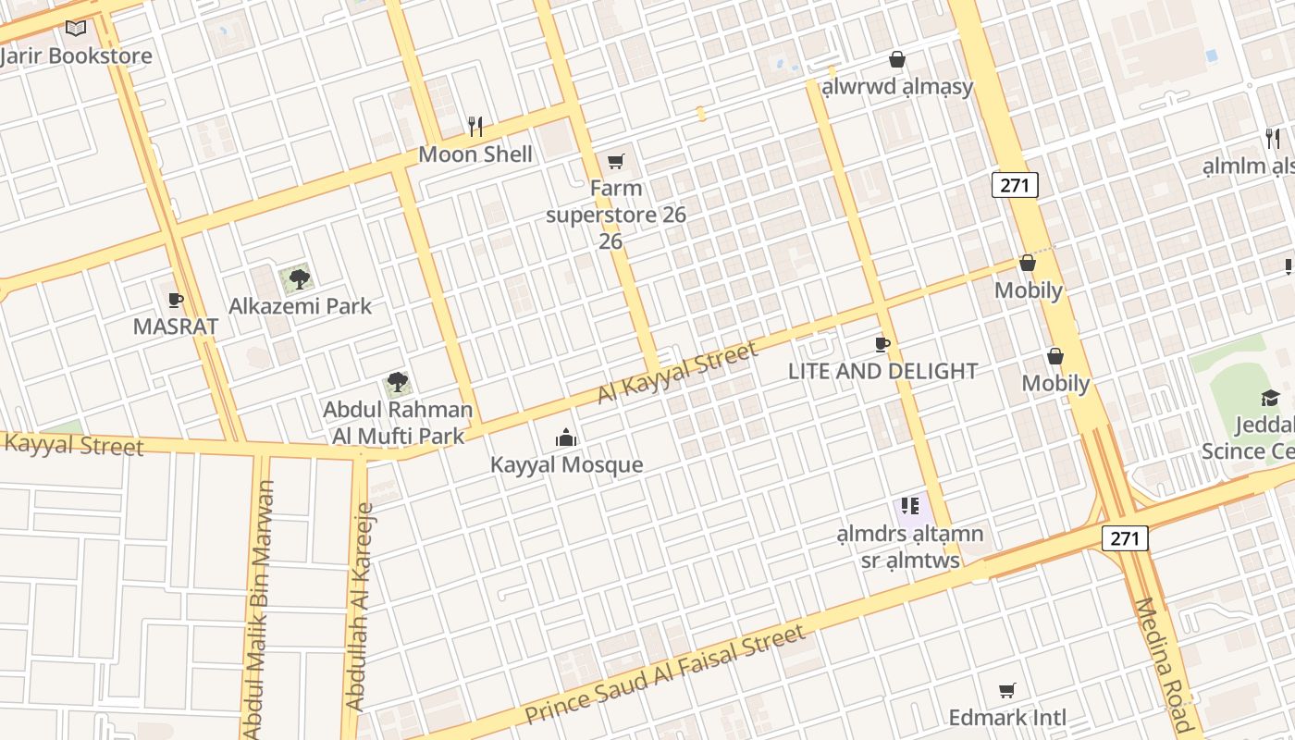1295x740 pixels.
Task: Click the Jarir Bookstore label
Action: (76, 56)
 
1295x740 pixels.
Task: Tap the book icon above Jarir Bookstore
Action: (76, 29)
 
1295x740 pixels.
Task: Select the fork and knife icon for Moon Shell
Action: (475, 126)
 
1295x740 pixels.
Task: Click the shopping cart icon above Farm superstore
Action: (616, 161)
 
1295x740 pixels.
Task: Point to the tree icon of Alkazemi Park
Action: (299, 277)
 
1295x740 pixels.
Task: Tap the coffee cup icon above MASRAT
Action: (176, 299)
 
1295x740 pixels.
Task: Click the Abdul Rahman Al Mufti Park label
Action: (398, 422)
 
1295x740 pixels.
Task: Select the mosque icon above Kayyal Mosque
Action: (566, 437)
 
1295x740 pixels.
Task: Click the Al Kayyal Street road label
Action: (677, 372)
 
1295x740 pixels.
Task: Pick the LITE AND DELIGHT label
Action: (882, 371)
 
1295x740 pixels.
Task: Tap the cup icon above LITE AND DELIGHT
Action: (882, 344)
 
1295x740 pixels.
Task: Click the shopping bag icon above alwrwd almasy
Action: (896, 59)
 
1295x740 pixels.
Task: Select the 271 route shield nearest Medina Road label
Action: (1125, 538)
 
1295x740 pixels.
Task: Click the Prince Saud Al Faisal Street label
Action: (664, 675)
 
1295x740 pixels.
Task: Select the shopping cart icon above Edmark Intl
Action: (1007, 690)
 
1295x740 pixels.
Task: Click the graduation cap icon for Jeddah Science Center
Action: (1270, 398)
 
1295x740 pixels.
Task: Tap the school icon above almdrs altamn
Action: (910, 506)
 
